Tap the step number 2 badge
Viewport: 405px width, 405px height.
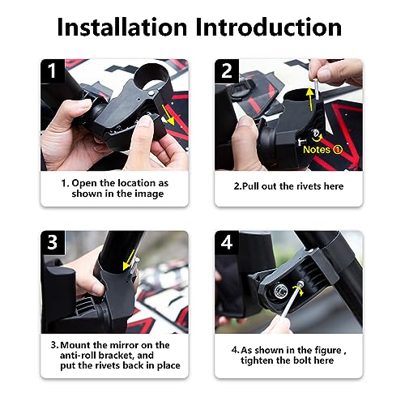point(228,72)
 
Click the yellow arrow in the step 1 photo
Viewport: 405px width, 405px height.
point(165,111)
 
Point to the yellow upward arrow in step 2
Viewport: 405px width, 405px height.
point(309,104)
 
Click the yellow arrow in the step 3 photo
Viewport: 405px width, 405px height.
point(127,265)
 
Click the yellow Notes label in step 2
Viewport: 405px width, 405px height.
point(318,149)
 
